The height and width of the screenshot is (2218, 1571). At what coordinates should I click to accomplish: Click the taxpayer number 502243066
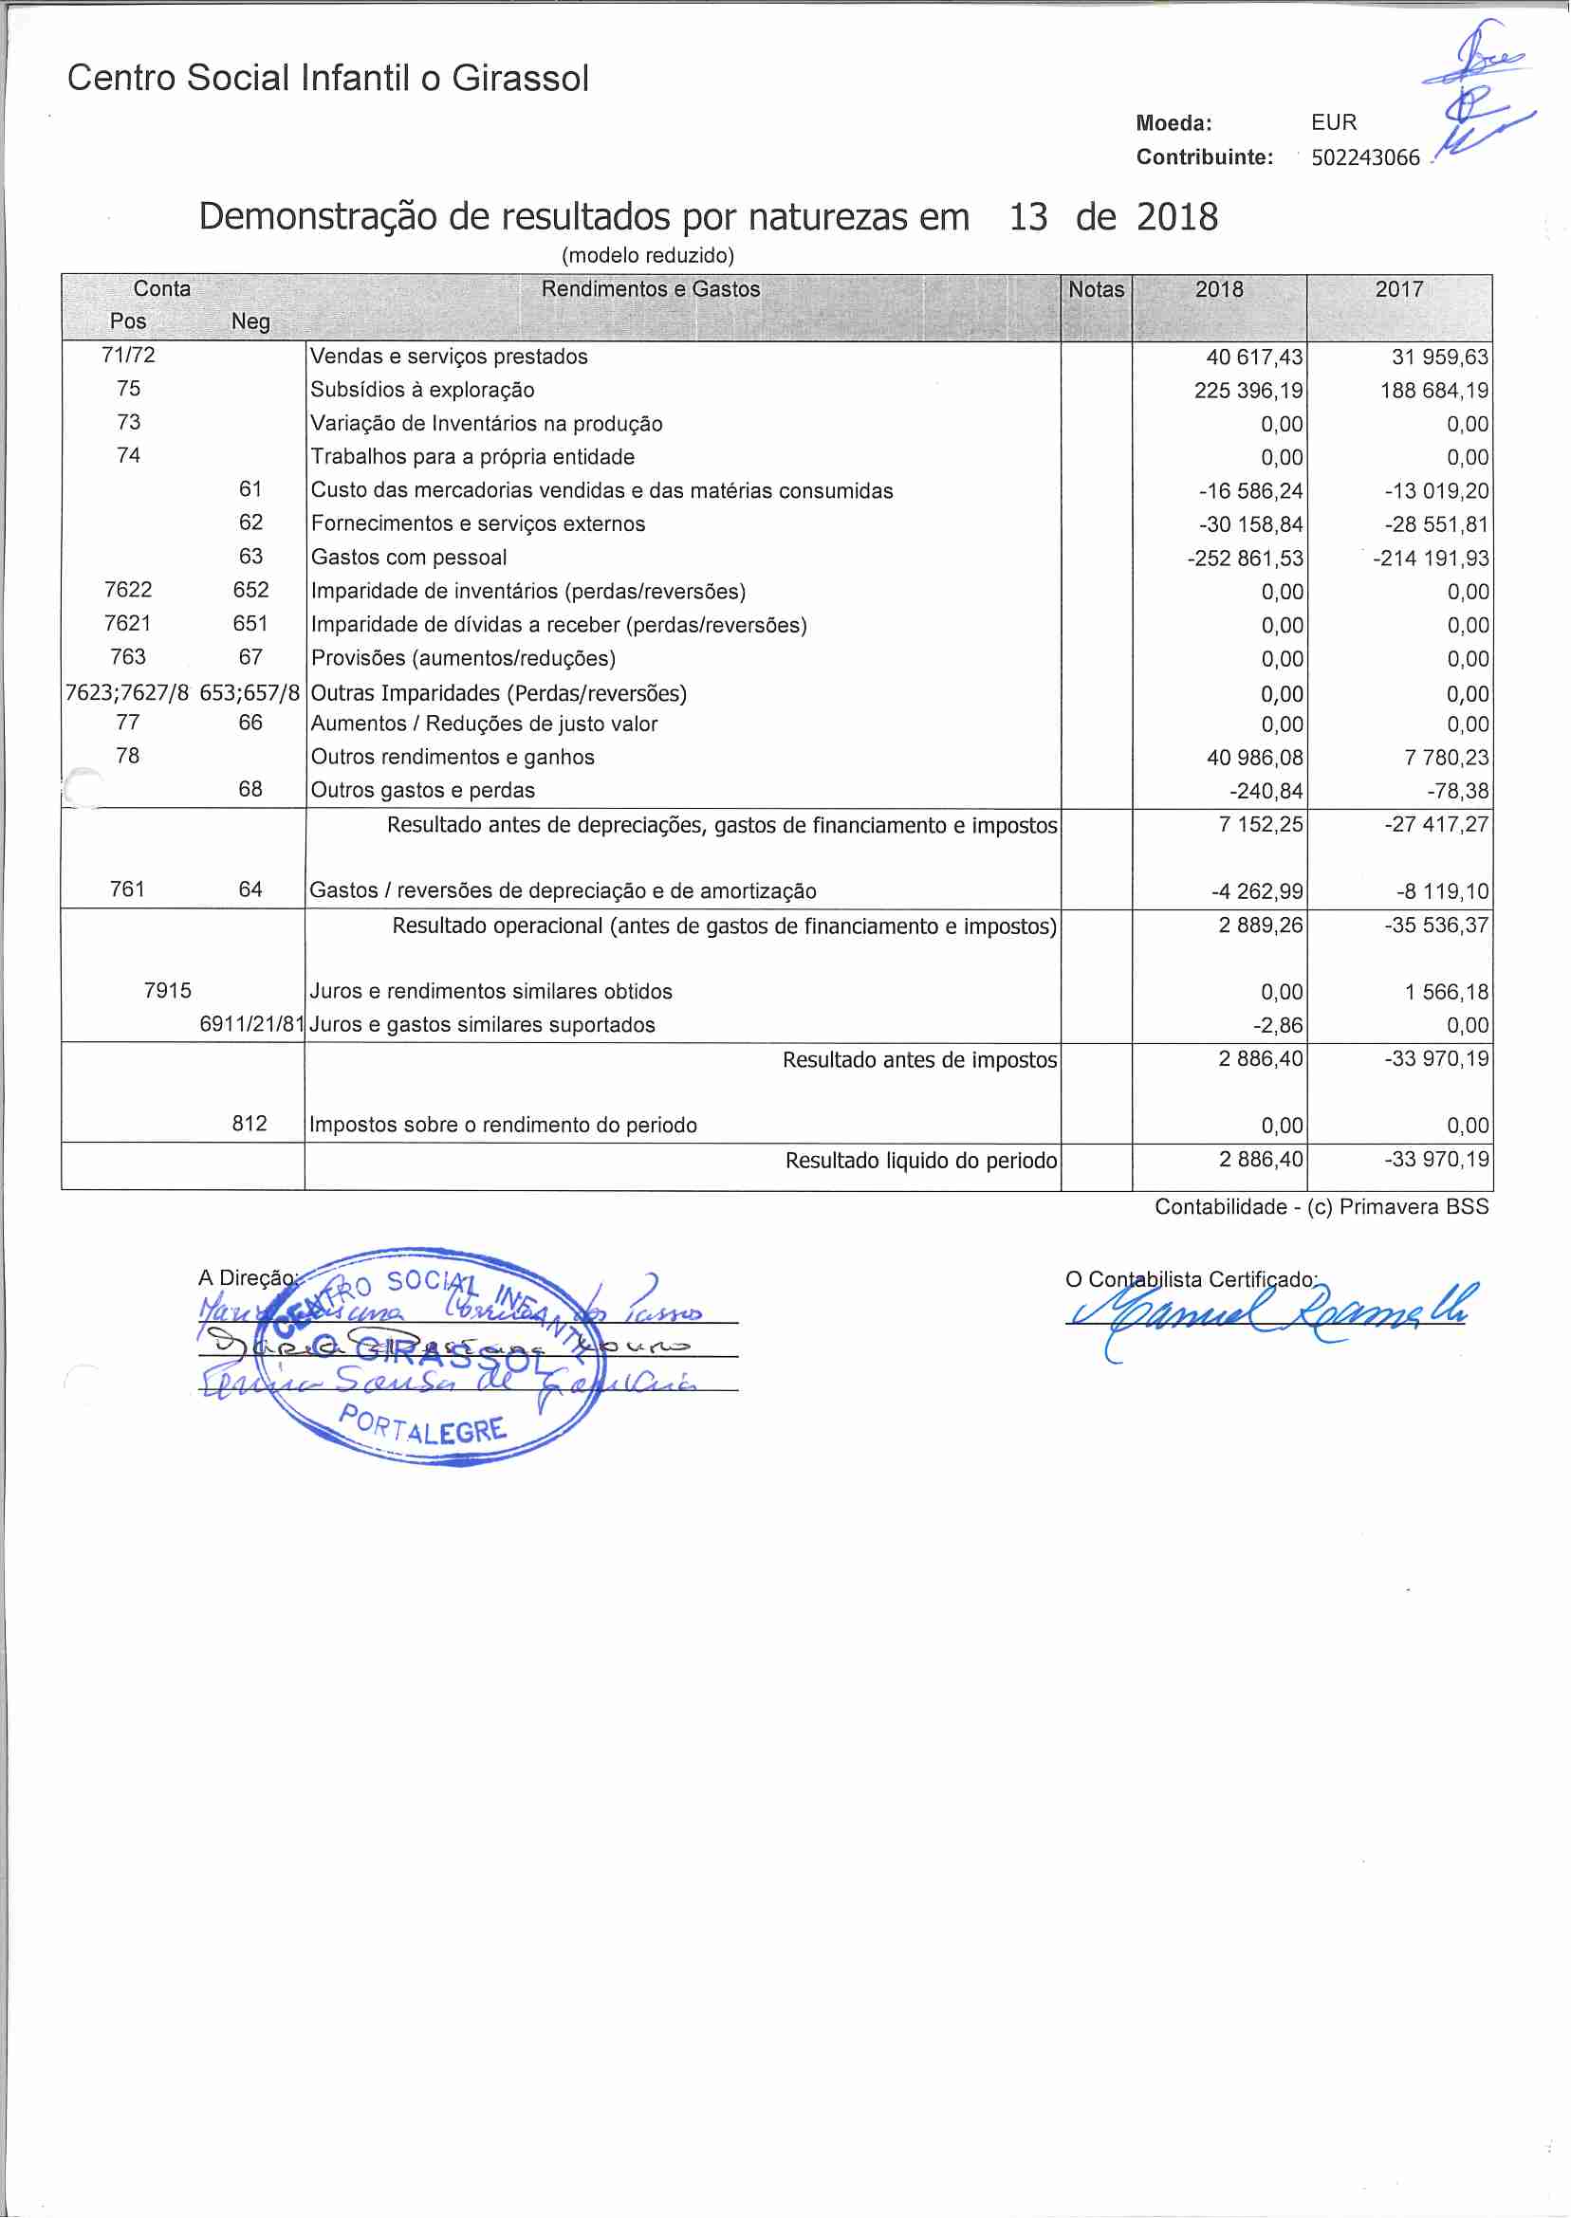point(1365,157)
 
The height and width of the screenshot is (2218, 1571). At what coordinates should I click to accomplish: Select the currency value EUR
point(1334,122)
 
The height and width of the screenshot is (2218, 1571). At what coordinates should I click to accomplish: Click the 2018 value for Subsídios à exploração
point(1248,391)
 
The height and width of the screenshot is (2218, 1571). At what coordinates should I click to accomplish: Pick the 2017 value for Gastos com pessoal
point(1431,559)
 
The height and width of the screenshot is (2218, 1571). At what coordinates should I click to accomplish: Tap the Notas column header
point(1096,289)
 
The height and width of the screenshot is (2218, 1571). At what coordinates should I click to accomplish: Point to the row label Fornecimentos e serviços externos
point(478,524)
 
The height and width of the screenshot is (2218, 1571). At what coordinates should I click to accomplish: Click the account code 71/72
point(129,356)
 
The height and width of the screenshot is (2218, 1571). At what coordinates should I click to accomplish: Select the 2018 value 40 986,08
point(1255,758)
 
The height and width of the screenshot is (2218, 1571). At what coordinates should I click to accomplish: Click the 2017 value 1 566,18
point(1447,992)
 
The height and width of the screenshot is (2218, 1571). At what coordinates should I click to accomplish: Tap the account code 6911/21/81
point(251,1025)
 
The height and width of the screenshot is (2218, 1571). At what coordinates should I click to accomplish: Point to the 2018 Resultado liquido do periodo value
point(1261,1160)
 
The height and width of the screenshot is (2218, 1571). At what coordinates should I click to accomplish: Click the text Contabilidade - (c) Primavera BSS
point(1321,1206)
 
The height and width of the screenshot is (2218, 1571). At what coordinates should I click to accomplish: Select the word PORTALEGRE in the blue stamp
point(423,1425)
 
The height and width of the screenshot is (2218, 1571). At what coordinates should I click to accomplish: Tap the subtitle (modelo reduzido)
point(648,255)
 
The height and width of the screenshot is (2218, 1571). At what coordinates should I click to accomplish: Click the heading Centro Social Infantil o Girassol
point(328,79)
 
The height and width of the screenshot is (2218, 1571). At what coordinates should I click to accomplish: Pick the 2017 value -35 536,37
point(1436,926)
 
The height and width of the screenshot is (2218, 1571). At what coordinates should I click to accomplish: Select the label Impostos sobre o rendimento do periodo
point(503,1126)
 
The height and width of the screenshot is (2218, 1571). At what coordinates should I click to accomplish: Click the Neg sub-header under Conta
point(250,322)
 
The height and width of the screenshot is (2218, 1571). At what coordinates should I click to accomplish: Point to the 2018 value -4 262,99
point(1257,891)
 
